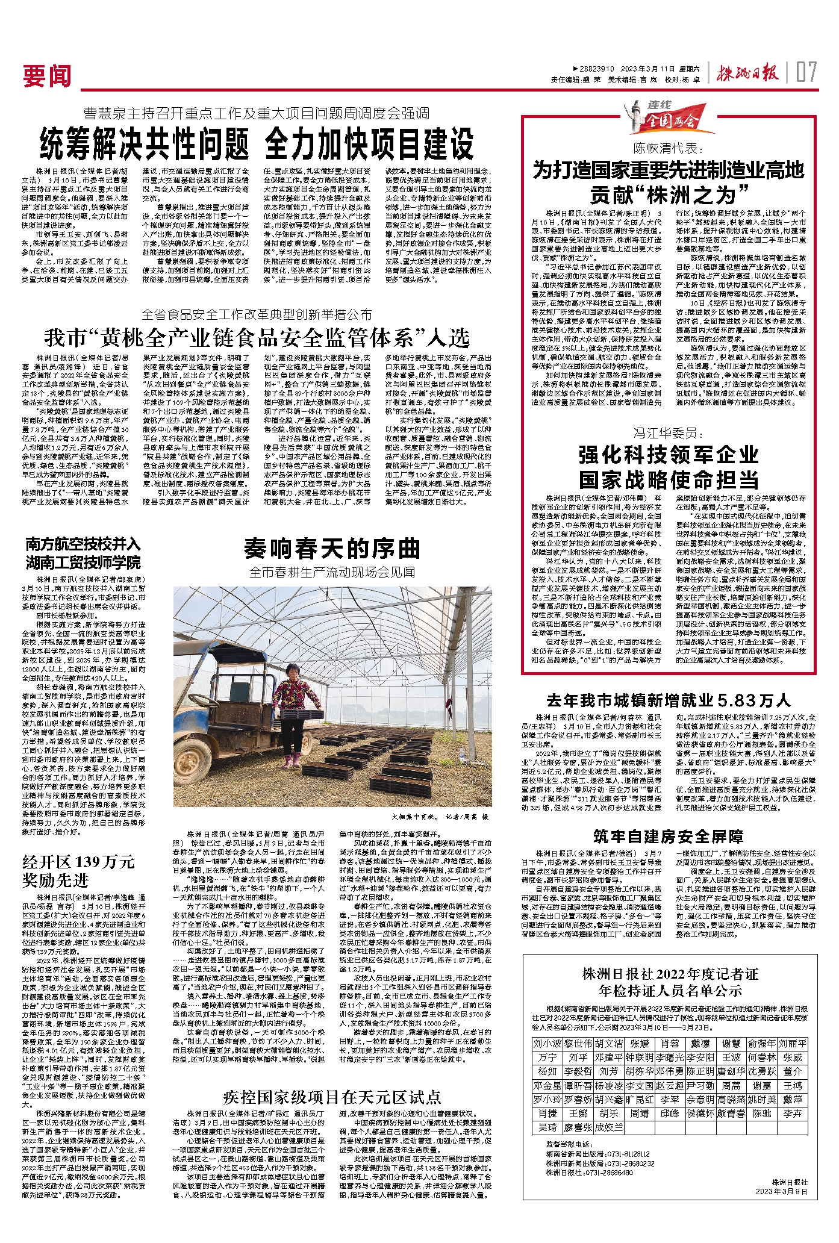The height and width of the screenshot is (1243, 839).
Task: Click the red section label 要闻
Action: [47, 76]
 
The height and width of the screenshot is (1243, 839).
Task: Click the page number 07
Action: [806, 73]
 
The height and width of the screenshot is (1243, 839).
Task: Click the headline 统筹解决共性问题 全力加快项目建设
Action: [257, 144]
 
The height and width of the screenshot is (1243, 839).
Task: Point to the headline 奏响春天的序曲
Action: [332, 549]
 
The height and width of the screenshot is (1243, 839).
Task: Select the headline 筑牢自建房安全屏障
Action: [668, 836]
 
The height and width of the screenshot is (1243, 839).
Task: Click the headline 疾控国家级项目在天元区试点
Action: [332, 1097]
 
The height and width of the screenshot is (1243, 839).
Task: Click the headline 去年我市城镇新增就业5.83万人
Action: [668, 700]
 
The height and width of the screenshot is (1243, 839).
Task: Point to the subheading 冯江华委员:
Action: [668, 433]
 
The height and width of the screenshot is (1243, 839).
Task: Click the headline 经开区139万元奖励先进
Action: [78, 871]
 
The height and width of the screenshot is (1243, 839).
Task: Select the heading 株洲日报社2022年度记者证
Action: [670, 974]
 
